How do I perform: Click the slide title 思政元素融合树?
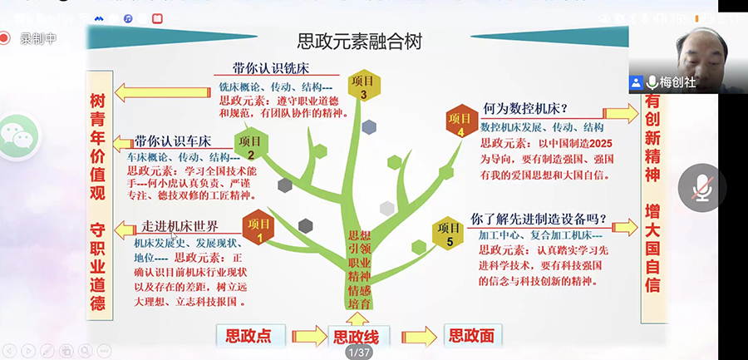coord(360,42)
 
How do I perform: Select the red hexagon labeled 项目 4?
coord(460,119)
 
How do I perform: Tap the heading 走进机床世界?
coord(179,226)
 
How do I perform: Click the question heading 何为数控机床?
coord(525,109)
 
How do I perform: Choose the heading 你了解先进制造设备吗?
coord(539,219)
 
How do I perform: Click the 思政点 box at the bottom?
coord(249,336)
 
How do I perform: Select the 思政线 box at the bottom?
coord(356,337)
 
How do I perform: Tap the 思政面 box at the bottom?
coord(470,336)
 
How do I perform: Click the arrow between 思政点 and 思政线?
coord(307,336)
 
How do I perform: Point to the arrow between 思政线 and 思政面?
coord(418,336)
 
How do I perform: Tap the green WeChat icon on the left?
coord(18,137)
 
